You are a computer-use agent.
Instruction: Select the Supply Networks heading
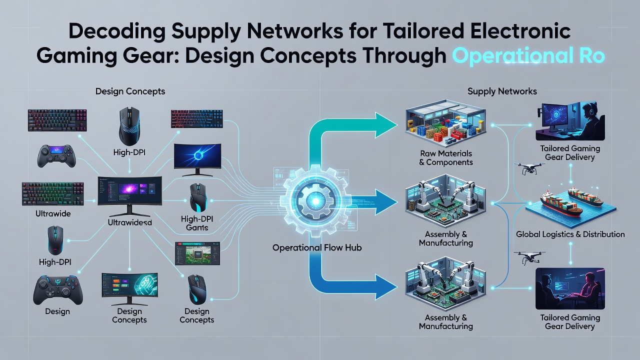tap(502, 91)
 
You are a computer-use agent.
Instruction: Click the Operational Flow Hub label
tap(317, 247)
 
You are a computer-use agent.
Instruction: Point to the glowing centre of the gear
tap(315, 201)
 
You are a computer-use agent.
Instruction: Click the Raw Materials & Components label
tap(445, 157)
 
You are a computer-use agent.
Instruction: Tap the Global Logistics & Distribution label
tap(570, 234)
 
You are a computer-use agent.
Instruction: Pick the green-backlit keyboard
tap(53, 194)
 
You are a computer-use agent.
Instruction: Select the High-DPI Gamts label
tap(197, 223)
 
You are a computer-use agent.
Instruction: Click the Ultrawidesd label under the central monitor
tap(129, 222)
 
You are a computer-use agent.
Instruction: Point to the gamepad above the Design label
tap(58, 290)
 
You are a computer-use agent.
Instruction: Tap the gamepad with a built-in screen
tap(56, 155)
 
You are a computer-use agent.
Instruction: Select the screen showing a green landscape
tap(197, 253)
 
